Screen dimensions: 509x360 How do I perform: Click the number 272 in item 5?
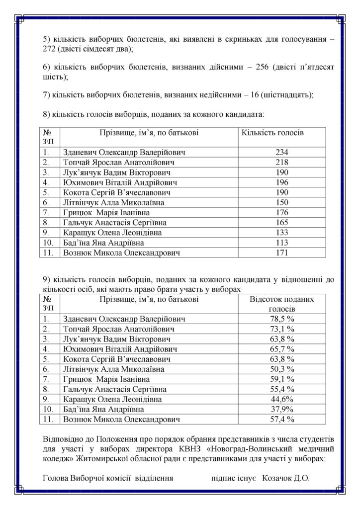[x=51, y=50]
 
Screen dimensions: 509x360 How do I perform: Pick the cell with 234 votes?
[x=282, y=152]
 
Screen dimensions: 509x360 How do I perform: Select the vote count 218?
[x=282, y=162]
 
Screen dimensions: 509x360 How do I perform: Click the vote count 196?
[x=282, y=182]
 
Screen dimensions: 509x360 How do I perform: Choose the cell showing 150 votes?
[x=282, y=202]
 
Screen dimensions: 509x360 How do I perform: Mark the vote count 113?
[x=282, y=243]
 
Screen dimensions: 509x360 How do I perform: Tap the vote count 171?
[x=282, y=253]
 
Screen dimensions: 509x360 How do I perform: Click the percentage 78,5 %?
[x=282, y=319]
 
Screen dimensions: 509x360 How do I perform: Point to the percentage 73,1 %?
[x=282, y=329]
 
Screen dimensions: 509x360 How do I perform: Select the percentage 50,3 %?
[x=282, y=369]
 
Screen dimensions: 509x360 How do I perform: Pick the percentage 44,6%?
[x=282, y=399]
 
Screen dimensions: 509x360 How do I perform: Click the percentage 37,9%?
[x=282, y=409]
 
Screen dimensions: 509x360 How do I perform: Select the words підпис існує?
[x=233, y=479]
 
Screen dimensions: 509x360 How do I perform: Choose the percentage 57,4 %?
[x=282, y=419]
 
